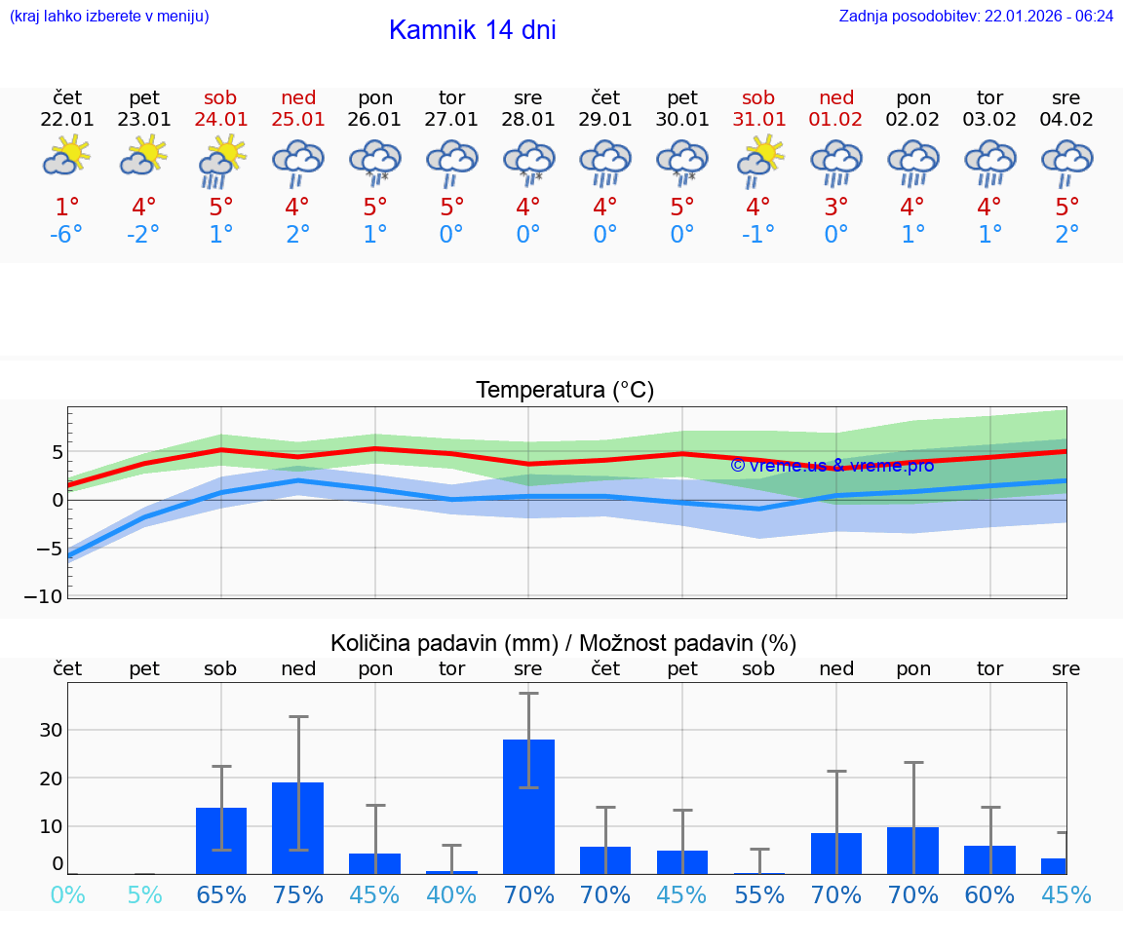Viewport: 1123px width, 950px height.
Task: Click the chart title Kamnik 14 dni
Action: (x=472, y=30)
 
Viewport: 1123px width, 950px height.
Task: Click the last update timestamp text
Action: (x=976, y=16)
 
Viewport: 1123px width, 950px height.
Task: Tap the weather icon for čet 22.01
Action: (x=66, y=156)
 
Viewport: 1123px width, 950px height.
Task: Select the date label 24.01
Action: (x=220, y=120)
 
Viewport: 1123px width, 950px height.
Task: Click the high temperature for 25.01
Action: (x=297, y=208)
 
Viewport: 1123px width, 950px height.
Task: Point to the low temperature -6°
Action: (x=66, y=235)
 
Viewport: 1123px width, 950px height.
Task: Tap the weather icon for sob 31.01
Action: (x=758, y=160)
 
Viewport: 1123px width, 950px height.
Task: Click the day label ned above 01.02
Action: (x=836, y=97)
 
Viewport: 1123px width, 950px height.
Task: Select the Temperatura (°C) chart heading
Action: (x=564, y=391)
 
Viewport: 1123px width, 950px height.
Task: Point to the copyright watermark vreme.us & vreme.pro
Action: (x=832, y=465)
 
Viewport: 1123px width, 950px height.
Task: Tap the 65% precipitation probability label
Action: (x=221, y=894)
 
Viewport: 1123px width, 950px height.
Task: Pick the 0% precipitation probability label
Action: (x=66, y=894)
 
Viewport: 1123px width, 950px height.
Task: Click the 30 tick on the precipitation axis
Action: (x=51, y=730)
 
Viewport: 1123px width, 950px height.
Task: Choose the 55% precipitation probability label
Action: (x=758, y=894)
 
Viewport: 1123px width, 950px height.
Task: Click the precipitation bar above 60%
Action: (x=989, y=859)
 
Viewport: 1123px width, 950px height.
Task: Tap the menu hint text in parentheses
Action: (x=108, y=16)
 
